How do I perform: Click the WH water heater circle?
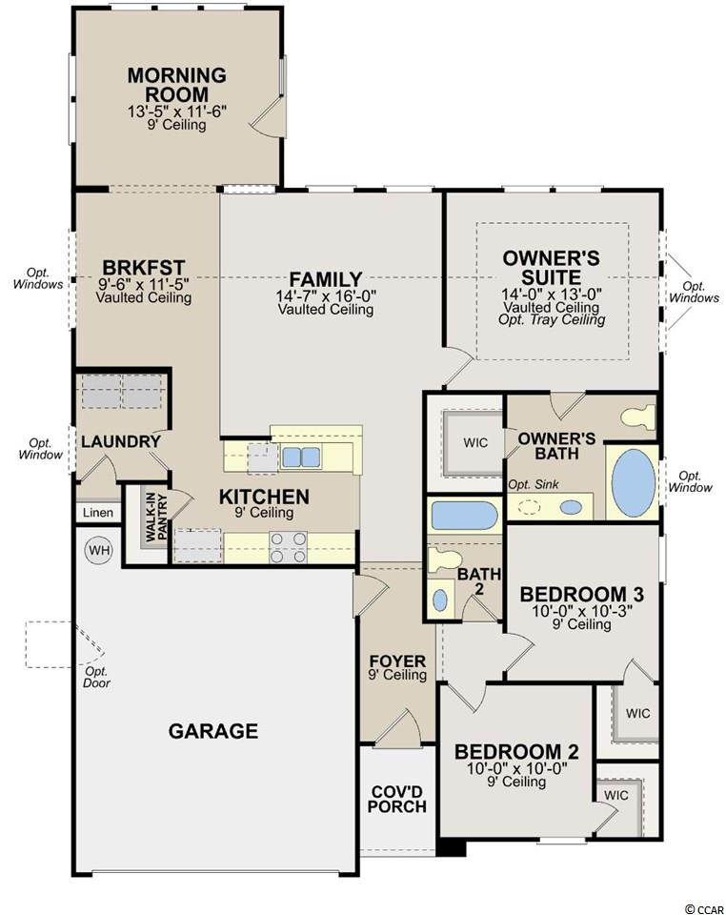(99, 551)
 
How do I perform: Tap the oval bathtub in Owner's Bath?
(632, 482)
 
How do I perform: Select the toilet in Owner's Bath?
(636, 417)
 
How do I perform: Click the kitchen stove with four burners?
(288, 547)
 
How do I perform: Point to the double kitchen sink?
(301, 457)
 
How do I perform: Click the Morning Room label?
(176, 85)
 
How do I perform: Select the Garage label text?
(212, 731)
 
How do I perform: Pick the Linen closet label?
(98, 513)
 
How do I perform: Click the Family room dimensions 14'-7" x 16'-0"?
(326, 295)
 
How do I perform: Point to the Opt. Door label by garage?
(95, 677)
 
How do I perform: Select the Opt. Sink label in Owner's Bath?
(533, 484)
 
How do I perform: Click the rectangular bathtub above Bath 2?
(464, 516)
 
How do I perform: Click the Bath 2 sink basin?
(441, 600)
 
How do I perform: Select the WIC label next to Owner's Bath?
(475, 443)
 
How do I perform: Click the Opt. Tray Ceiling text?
(552, 320)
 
